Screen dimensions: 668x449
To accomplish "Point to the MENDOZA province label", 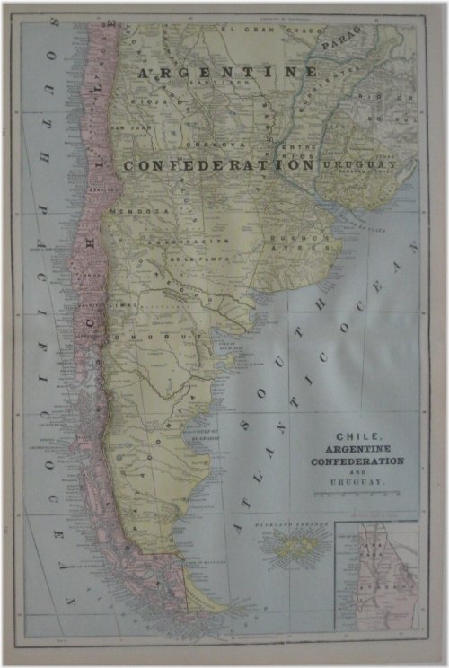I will click(x=128, y=212).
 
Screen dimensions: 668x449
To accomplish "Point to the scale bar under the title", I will click(x=357, y=495).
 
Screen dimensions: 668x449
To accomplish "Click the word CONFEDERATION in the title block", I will click(x=357, y=461).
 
